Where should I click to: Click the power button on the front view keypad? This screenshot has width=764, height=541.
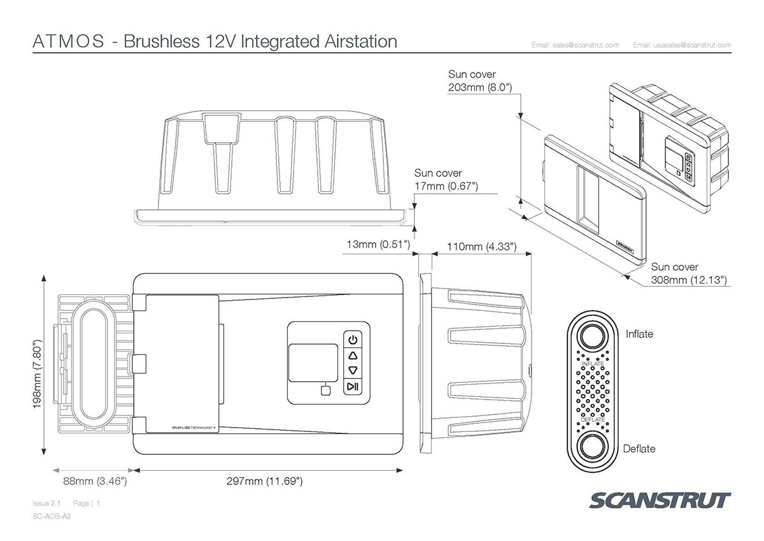point(353,339)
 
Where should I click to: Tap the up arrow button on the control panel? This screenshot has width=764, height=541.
point(353,355)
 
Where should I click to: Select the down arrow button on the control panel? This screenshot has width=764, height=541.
point(353,370)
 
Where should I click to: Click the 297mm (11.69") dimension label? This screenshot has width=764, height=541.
point(265,481)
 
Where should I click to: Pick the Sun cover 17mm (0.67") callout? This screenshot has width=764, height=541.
point(446,180)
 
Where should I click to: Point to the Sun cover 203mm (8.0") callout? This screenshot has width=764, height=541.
point(481,82)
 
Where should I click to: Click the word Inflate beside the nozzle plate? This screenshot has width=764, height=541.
point(639,334)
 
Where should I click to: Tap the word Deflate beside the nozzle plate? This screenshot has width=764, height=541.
point(639,449)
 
